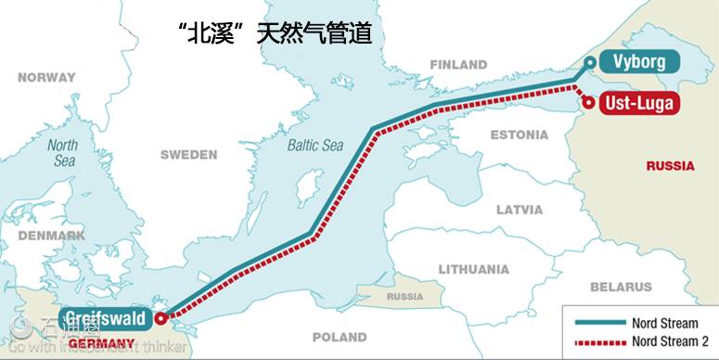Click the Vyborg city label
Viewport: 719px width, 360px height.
(638, 62)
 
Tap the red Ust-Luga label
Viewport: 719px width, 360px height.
(637, 102)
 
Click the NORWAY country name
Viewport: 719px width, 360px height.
(45, 78)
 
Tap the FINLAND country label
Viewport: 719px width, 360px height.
(458, 64)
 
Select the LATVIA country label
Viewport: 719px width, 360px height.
(520, 210)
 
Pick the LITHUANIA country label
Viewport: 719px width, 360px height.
(474, 269)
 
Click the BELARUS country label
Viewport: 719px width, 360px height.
(621, 288)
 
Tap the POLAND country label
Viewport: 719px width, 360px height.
(339, 337)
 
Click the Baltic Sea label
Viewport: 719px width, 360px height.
(315, 146)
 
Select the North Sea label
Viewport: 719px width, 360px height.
(62, 153)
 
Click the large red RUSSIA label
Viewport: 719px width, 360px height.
(671, 166)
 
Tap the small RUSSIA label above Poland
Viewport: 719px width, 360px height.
(404, 297)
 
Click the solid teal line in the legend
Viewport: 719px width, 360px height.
(599, 323)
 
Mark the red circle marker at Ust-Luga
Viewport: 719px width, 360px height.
(588, 102)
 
